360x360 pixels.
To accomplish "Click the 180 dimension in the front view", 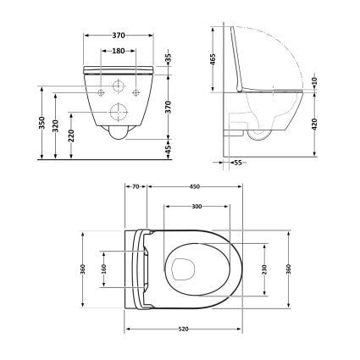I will tap(119, 50).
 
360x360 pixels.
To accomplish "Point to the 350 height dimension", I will tap(42, 123).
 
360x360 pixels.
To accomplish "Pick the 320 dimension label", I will tap(57, 127).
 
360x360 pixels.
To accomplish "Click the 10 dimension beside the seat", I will tap(315, 80).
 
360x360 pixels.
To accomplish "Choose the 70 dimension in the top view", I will tap(136, 189).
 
